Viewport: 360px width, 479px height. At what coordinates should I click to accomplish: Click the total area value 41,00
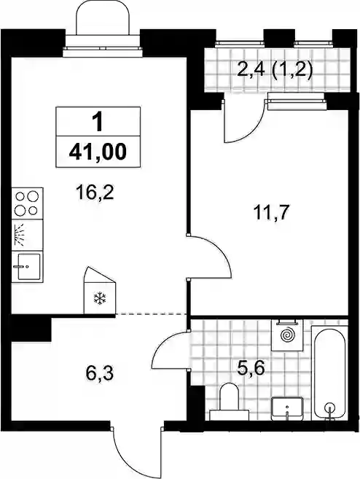tap(98, 152)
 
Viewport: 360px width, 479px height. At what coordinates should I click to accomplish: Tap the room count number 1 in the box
tap(98, 122)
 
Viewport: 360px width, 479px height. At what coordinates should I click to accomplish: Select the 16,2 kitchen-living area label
tap(95, 193)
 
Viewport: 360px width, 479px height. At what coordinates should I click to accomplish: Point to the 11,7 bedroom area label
tap(271, 213)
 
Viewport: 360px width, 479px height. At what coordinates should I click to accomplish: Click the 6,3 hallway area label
tap(99, 373)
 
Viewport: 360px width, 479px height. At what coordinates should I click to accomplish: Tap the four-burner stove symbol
tap(27, 203)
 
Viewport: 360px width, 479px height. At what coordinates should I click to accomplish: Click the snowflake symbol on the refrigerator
tap(100, 298)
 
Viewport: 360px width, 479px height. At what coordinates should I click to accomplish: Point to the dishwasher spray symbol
tap(19, 235)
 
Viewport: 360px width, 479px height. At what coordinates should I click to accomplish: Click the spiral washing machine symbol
tap(287, 335)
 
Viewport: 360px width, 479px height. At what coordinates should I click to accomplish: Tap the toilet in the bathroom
tap(229, 402)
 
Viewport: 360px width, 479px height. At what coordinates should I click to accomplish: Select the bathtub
tap(329, 373)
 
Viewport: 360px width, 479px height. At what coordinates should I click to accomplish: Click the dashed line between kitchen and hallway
tap(151, 314)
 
